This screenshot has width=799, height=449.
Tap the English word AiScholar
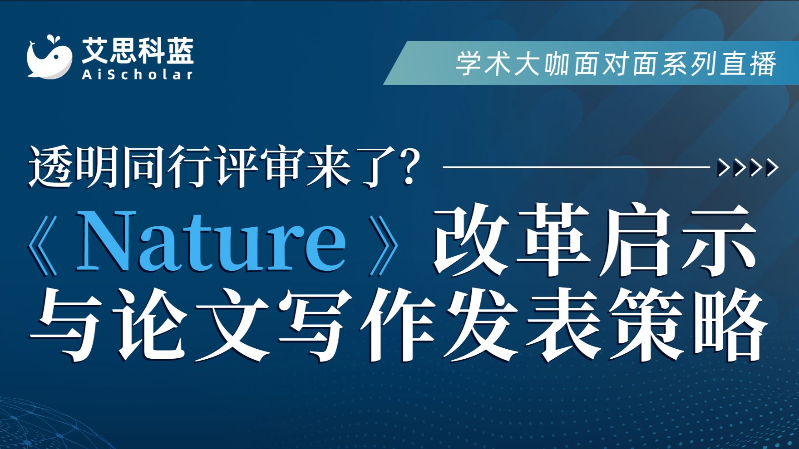pos(138,74)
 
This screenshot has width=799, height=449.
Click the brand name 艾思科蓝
pos(138,50)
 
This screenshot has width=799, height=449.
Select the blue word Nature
pos(211,241)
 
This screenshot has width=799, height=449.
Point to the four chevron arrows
pos(748,167)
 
